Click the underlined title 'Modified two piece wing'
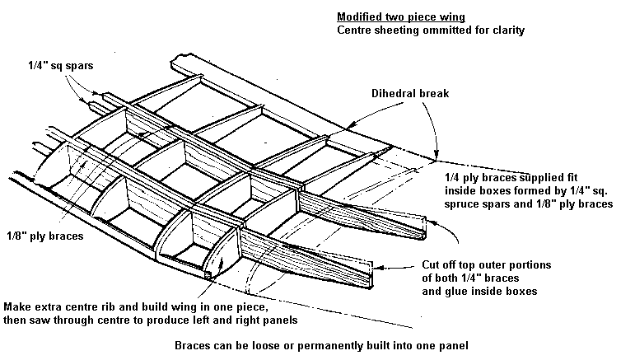click(396, 16)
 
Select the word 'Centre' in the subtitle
click(356, 30)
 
